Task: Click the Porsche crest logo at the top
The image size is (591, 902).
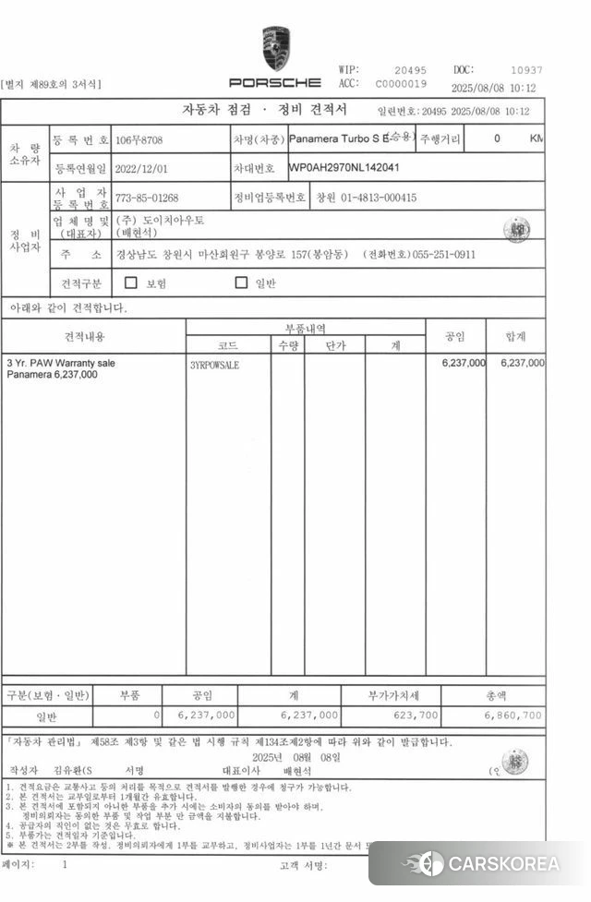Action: [x=275, y=48]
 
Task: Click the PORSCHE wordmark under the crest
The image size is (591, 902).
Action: [x=275, y=82]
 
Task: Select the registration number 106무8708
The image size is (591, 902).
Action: [x=142, y=140]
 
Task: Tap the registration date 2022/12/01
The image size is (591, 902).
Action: [x=142, y=170]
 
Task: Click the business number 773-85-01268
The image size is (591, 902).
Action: [x=147, y=198]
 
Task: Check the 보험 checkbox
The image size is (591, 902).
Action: [x=131, y=283]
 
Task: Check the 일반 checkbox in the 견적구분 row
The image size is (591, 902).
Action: [x=242, y=283]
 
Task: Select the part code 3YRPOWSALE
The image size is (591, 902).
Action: [x=214, y=365]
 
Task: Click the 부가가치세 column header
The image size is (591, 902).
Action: [x=395, y=695]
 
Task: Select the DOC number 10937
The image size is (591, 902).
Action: [x=526, y=70]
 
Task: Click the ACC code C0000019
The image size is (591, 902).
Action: [x=401, y=84]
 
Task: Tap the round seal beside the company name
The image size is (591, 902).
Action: [x=516, y=229]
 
